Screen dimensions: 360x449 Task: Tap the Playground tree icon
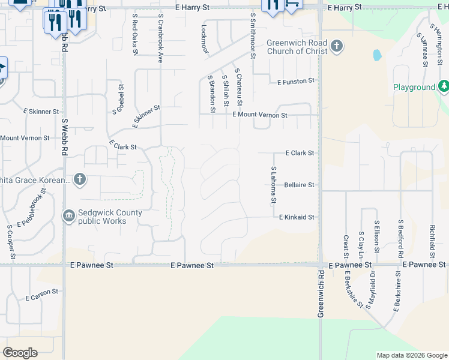pyautogui.click(x=444, y=87)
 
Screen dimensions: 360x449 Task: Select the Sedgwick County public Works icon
pyautogui.click(x=69, y=215)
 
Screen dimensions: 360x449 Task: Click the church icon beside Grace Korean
pyautogui.click(x=80, y=179)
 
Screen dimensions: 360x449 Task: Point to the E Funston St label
pyautogui.click(x=295, y=81)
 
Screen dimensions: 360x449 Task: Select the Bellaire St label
pyautogui.click(x=299, y=185)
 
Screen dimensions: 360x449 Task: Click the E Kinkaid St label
pyautogui.click(x=297, y=217)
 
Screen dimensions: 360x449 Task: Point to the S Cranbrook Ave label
pyautogui.click(x=160, y=40)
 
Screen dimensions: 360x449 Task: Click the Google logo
pyautogui.click(x=20, y=353)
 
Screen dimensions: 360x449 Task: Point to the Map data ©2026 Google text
pyautogui.click(x=411, y=355)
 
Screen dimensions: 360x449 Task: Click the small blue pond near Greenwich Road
pyautogui.click(x=377, y=55)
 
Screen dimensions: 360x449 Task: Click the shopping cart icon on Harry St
pyautogui.click(x=293, y=5)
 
